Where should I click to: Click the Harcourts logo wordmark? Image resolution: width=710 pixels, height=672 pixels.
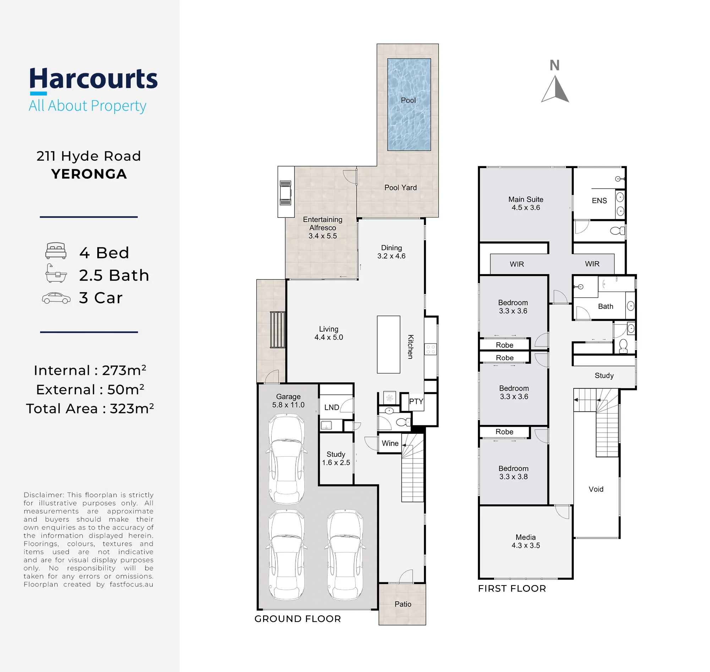point(94,79)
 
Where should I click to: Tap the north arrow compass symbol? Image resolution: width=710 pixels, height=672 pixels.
point(555,89)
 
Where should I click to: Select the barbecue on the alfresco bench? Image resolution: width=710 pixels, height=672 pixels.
point(285,193)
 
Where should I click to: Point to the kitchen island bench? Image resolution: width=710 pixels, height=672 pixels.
point(388,345)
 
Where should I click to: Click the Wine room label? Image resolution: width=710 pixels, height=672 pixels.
point(390,443)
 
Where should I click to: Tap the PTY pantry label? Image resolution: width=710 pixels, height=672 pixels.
point(416,401)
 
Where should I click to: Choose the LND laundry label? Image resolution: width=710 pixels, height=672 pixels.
point(332,407)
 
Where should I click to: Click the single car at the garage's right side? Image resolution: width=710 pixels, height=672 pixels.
point(345,555)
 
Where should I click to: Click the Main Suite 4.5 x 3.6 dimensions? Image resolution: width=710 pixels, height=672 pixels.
point(526,207)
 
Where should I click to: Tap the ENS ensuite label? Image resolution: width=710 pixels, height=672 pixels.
point(599,201)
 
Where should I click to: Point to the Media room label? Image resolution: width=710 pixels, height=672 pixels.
point(526,537)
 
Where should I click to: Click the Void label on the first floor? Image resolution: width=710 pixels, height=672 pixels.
point(596,489)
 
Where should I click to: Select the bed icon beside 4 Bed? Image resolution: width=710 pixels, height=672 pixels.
point(56,251)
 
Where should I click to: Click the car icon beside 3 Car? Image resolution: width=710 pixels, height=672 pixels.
point(56,298)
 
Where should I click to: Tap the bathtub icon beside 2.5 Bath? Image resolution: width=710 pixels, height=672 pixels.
point(56,273)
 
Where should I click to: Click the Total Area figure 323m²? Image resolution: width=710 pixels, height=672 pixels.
point(132,409)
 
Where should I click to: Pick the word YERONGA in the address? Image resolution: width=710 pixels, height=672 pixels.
point(89,174)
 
